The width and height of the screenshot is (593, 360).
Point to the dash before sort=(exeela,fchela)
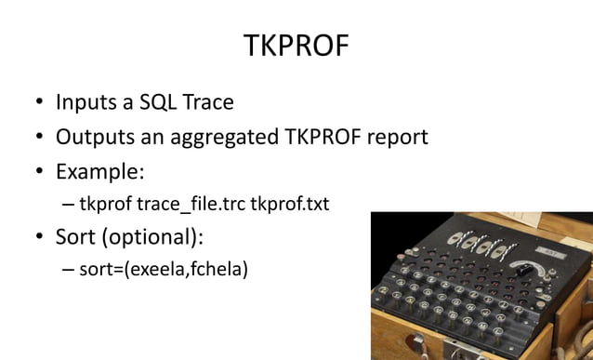(x=68, y=271)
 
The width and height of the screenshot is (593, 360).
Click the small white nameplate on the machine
(x=550, y=252)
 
